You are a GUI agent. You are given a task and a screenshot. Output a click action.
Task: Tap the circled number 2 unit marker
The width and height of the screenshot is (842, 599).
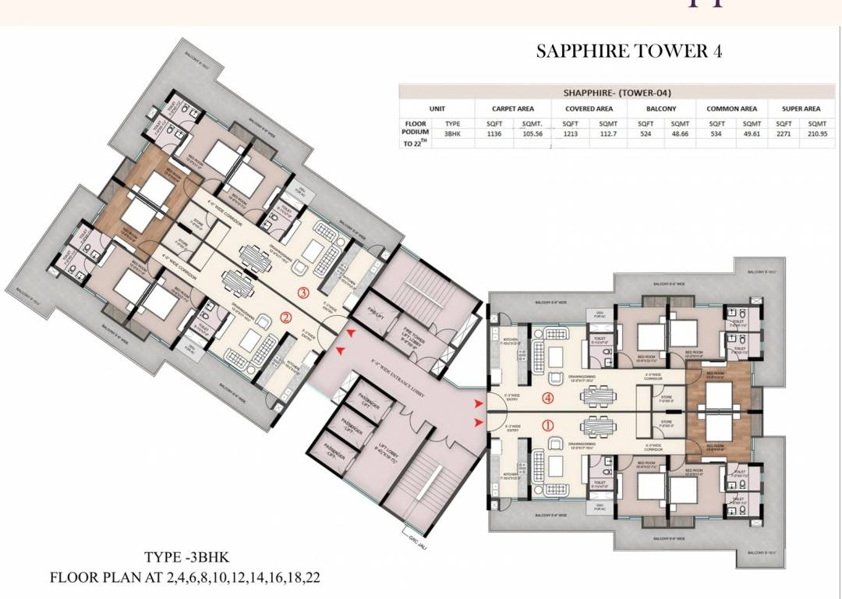click(x=286, y=317)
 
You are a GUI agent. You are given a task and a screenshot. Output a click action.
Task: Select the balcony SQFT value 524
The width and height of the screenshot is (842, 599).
click(x=646, y=133)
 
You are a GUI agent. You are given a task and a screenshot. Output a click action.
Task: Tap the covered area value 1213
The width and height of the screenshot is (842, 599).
click(x=570, y=133)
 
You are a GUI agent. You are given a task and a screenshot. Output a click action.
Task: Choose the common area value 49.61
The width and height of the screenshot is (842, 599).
click(x=751, y=133)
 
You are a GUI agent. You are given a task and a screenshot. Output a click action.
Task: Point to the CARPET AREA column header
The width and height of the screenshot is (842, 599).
click(x=512, y=108)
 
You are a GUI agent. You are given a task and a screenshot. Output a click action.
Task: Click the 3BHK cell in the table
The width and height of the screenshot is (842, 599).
click(x=452, y=133)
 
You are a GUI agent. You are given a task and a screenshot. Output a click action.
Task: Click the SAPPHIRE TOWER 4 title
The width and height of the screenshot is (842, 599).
click(x=629, y=51)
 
